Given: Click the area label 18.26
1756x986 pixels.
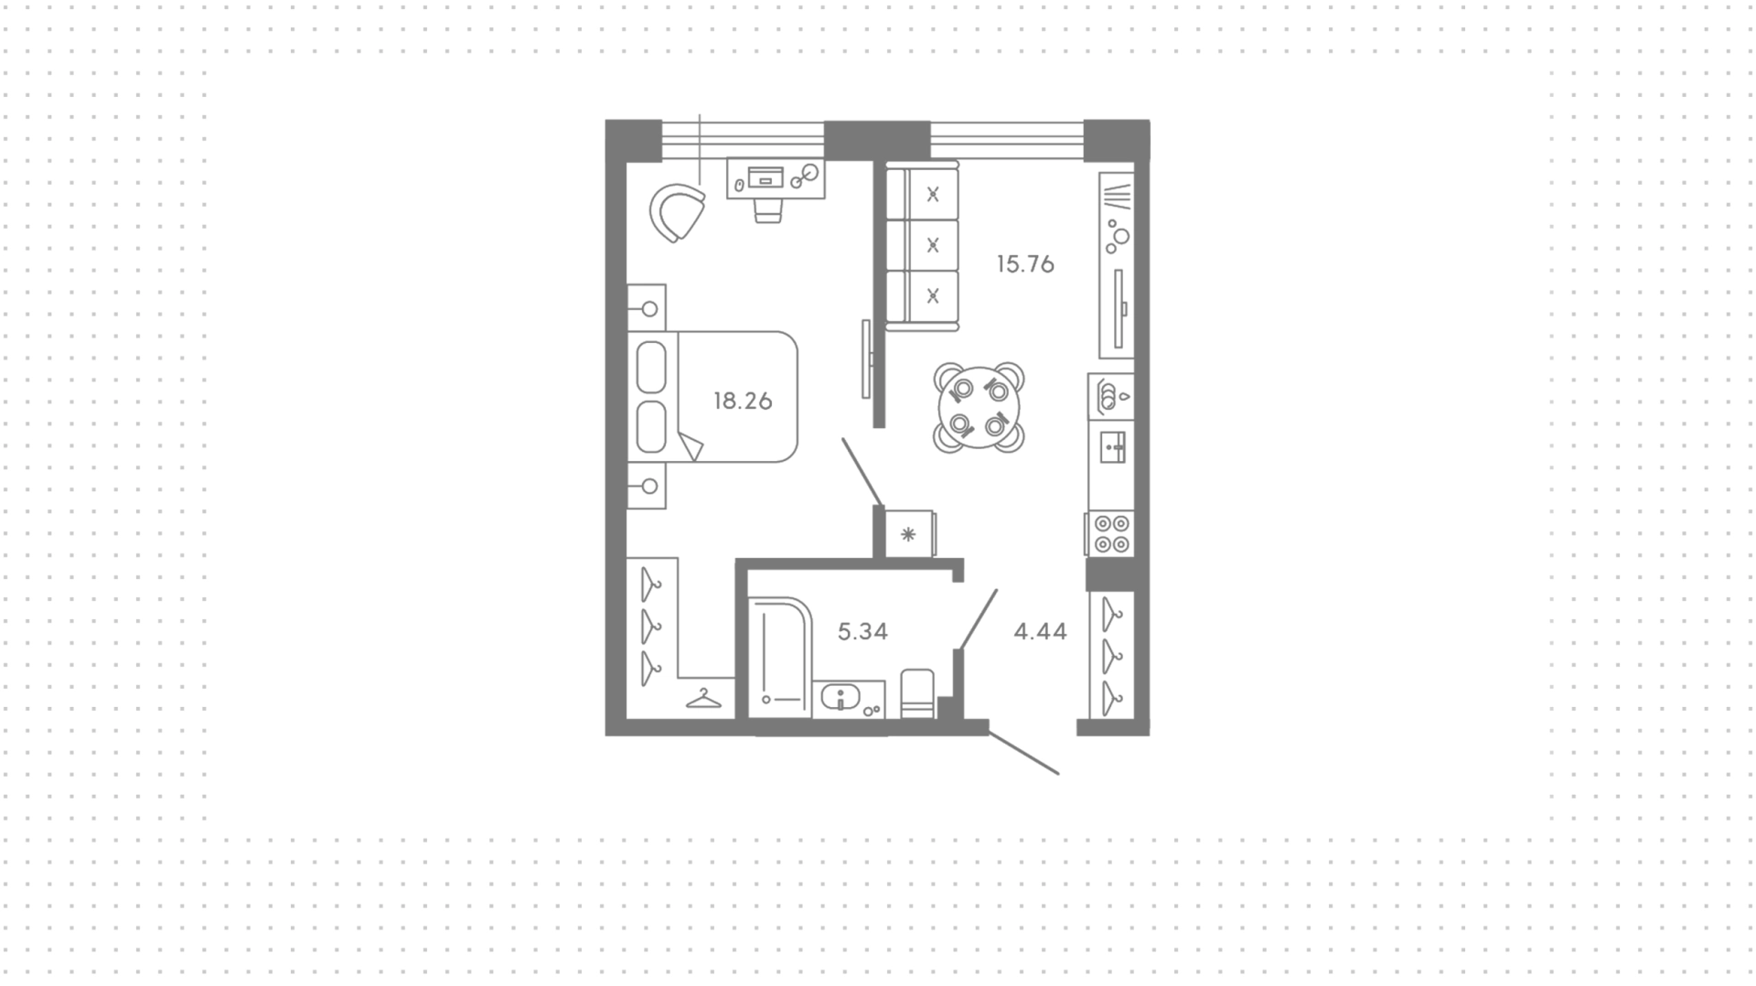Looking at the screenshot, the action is tap(743, 401).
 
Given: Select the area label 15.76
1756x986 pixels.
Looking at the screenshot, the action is tap(1025, 264).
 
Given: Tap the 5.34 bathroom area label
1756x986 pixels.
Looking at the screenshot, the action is tap(862, 631).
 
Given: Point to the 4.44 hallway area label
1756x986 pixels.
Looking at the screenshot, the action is tap(1040, 631).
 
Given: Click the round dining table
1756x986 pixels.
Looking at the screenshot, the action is tap(979, 407).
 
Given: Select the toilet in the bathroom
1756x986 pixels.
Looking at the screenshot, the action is tap(918, 694).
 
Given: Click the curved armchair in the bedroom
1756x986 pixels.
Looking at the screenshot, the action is tap(677, 212).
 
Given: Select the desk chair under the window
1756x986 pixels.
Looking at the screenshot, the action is tap(768, 210).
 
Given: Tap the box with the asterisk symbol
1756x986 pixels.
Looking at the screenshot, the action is tap(910, 534).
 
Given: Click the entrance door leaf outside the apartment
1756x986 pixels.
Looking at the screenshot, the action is tap(1023, 753).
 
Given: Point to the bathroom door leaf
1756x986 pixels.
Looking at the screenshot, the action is tap(977, 620).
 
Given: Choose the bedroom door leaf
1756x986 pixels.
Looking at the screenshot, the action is tap(862, 472).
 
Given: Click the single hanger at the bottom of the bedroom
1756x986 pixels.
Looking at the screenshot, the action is tap(703, 699).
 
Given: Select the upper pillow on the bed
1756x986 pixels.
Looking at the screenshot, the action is tap(651, 367).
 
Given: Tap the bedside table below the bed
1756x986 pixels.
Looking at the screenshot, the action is tap(647, 486).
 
